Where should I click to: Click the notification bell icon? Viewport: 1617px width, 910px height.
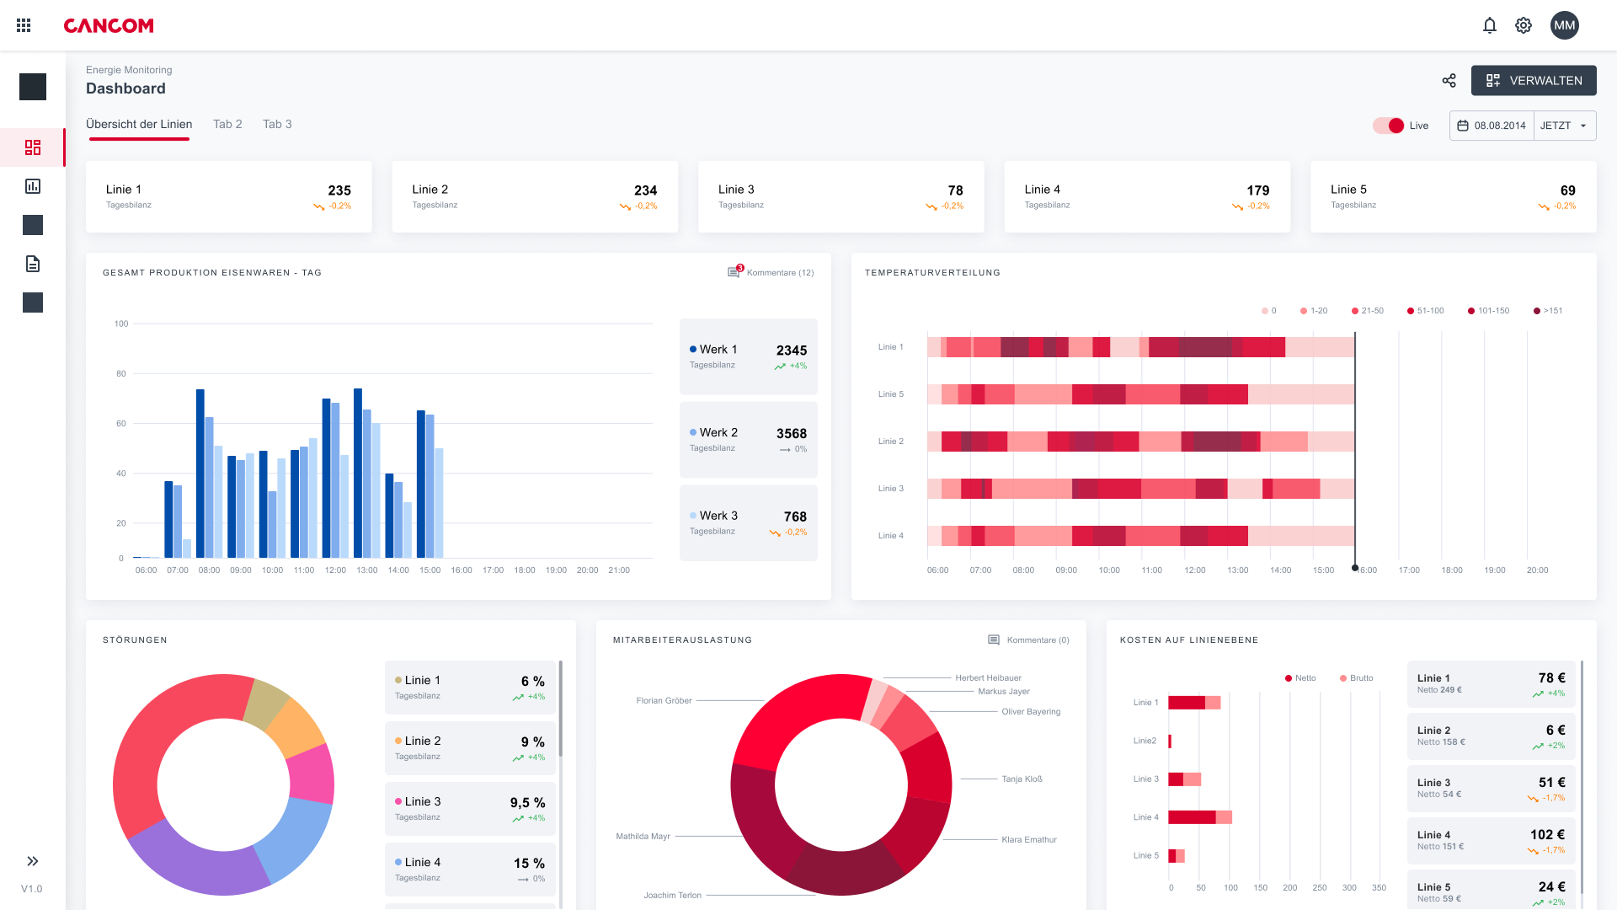click(1489, 25)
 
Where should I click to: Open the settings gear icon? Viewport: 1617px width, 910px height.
click(1524, 25)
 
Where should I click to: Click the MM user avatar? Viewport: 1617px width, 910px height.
click(1564, 25)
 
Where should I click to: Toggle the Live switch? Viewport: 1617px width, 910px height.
click(1389, 126)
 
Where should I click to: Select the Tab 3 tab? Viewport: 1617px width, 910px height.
click(277, 124)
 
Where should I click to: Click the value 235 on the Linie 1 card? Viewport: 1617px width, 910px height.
click(339, 190)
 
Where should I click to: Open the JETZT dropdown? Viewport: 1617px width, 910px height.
click(1564, 126)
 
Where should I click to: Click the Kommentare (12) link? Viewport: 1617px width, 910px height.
click(780, 272)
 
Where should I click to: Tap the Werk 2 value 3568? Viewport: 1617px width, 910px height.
click(791, 433)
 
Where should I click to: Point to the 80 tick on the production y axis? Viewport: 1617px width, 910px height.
click(121, 373)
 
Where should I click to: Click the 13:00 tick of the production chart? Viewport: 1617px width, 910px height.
click(366, 570)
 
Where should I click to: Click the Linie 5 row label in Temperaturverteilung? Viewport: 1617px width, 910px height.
click(890, 394)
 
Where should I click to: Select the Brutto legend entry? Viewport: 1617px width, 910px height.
click(1360, 678)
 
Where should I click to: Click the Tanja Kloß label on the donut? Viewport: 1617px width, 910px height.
click(1022, 779)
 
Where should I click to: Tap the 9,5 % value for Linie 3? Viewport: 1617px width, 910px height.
click(527, 803)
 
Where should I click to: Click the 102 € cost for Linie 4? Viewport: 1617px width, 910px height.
click(1547, 835)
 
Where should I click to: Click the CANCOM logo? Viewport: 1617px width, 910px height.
click(109, 25)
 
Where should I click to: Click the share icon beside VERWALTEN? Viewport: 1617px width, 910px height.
click(1449, 81)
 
